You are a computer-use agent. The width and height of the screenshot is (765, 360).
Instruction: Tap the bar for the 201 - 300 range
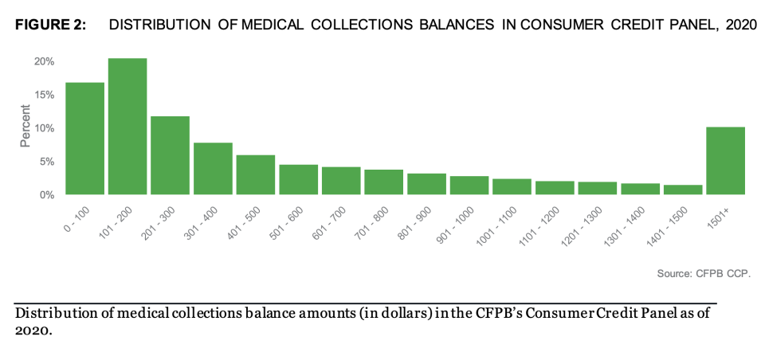click(x=171, y=155)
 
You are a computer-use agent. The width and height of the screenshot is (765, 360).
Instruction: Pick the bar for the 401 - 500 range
click(x=256, y=174)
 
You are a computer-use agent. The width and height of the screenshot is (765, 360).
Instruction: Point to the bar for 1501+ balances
click(x=725, y=160)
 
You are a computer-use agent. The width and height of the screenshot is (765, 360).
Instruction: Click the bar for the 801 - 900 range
click(x=426, y=184)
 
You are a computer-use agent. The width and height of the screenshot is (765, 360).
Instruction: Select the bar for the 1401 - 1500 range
click(x=683, y=190)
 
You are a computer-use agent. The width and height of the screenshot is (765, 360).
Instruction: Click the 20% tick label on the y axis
click(x=44, y=61)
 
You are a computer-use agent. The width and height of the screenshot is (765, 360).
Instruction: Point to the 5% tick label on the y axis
click(x=46, y=162)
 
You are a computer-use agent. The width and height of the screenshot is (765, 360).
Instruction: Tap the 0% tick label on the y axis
click(x=46, y=194)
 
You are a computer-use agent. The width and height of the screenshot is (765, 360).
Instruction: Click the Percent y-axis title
click(x=25, y=129)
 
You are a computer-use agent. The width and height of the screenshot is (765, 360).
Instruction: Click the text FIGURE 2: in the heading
click(x=50, y=25)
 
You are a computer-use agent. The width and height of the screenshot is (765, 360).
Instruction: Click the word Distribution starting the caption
click(x=50, y=313)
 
